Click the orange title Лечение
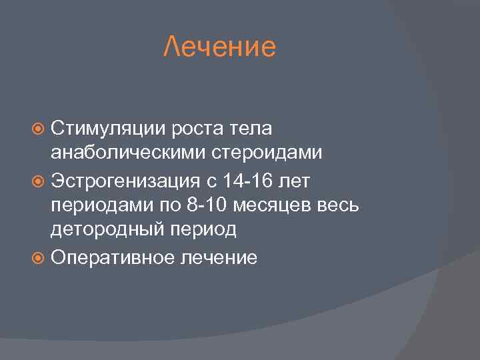click(x=219, y=47)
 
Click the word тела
click(x=253, y=127)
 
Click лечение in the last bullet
click(x=218, y=258)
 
